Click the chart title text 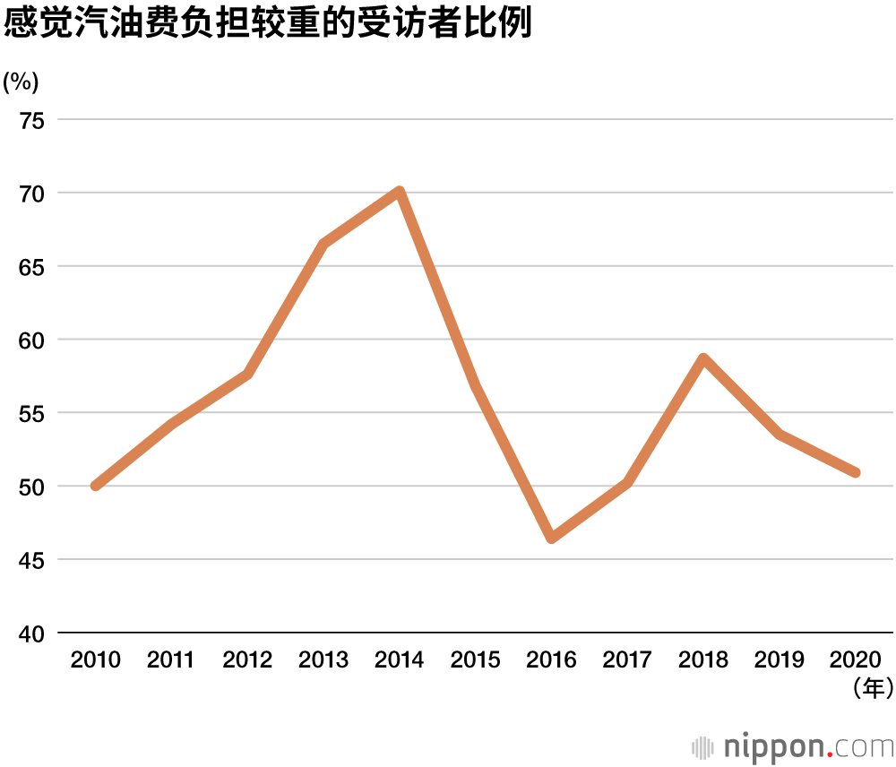(x=267, y=24)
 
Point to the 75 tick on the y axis (x=32, y=120)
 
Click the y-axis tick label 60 (x=32, y=340)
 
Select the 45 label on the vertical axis (x=32, y=560)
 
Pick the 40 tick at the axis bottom (x=32, y=633)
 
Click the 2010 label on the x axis (x=95, y=660)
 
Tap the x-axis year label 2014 (x=399, y=660)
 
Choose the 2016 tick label (x=551, y=660)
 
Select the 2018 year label (x=703, y=660)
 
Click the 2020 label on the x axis (x=856, y=660)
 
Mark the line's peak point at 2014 (x=400, y=192)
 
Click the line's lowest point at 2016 (x=551, y=538)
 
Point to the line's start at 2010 (x=95, y=486)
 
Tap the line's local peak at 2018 (x=704, y=358)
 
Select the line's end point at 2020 (x=856, y=472)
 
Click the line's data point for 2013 (x=323, y=244)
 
